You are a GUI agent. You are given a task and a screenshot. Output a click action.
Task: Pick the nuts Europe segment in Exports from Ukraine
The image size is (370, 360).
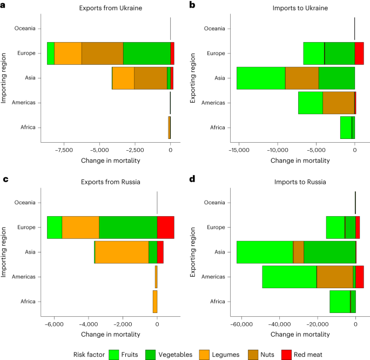click(102, 53)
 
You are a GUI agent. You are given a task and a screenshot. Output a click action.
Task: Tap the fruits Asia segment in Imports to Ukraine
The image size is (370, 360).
click(261, 78)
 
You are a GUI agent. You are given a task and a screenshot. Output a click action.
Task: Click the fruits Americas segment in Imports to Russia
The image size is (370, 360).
click(289, 277)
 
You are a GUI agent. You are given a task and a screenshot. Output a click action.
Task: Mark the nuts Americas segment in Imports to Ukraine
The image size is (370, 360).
click(338, 103)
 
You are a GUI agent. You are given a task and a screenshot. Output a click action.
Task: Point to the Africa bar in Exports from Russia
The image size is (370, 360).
click(155, 301)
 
